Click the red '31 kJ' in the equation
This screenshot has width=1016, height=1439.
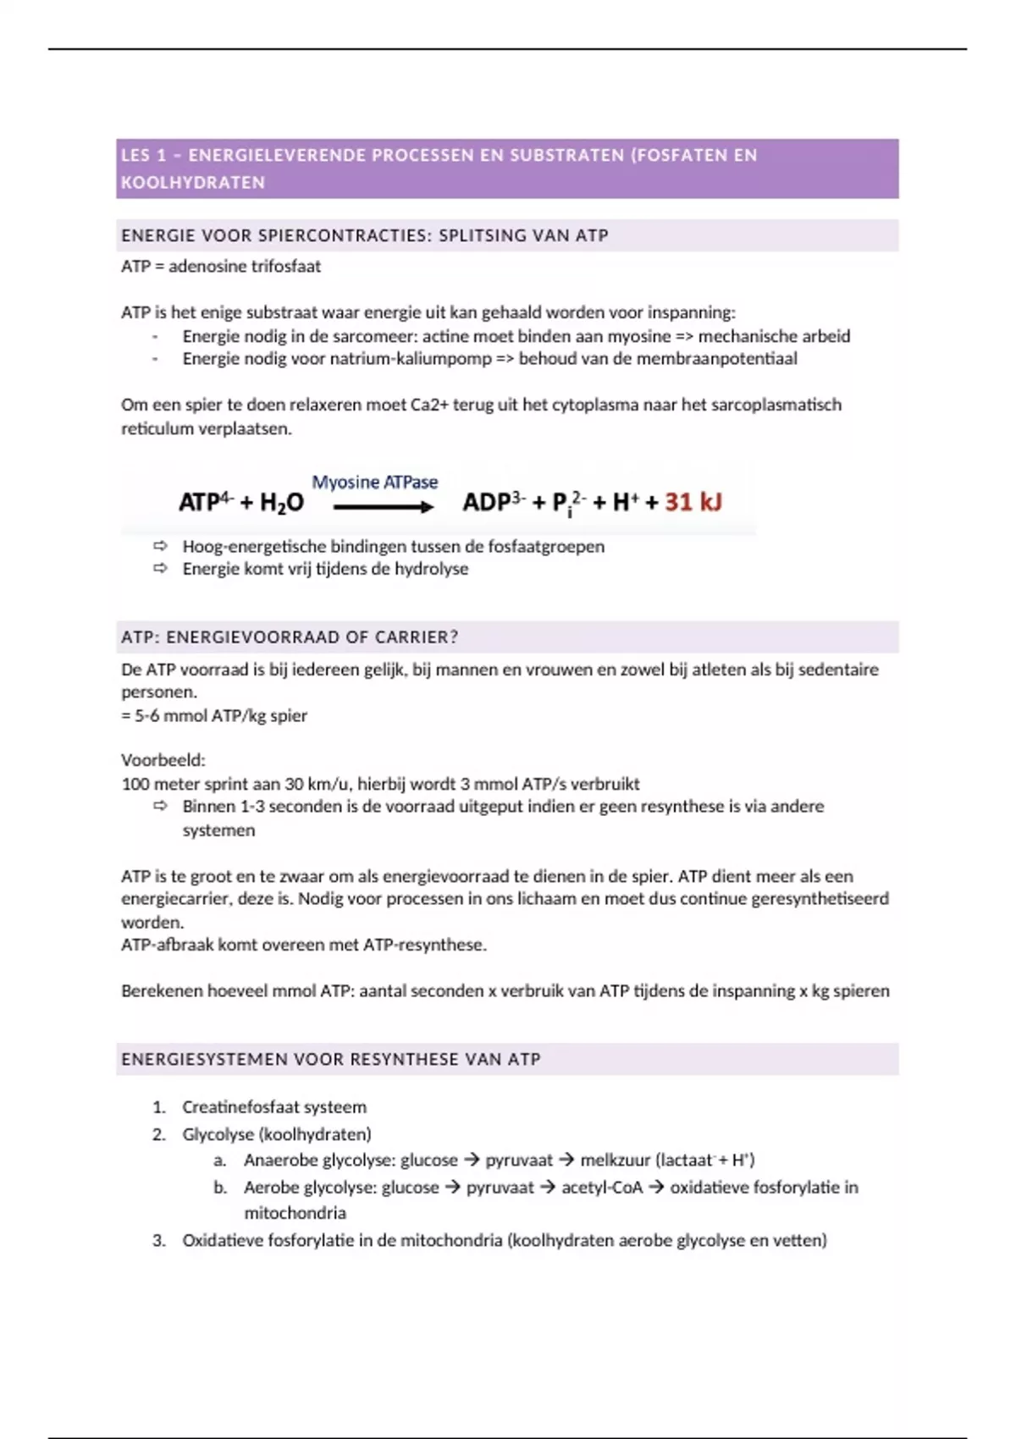pos(693,502)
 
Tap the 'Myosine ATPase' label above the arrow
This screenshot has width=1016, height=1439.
pos(375,482)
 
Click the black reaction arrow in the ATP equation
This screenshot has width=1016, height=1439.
pos(383,507)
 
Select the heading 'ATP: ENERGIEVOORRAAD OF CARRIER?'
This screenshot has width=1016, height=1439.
pos(290,637)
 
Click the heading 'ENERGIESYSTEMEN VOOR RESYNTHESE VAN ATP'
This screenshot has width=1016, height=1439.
pos(330,1059)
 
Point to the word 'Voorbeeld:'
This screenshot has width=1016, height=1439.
pos(163,760)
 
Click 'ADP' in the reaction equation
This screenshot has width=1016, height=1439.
pos(486,503)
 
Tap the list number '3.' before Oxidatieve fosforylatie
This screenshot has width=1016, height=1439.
pos(159,1241)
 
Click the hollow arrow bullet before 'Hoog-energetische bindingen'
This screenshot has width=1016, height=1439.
pos(160,546)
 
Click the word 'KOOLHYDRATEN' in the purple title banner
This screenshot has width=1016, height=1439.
pos(193,183)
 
